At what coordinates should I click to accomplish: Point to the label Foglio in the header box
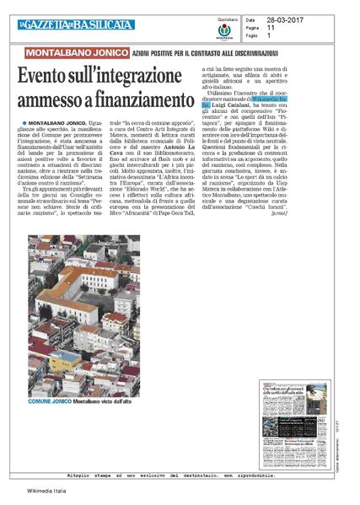tap(252, 35)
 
